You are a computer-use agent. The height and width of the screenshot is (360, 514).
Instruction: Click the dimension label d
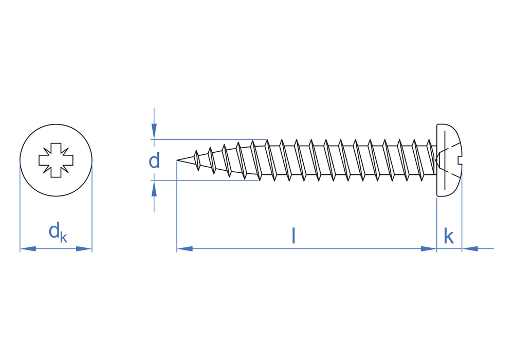(x=154, y=160)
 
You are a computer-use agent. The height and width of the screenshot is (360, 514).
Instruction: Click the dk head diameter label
(x=58, y=232)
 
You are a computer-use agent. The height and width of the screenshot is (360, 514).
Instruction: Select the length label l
(x=293, y=237)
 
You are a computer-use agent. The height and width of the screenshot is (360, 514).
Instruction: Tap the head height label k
(x=449, y=237)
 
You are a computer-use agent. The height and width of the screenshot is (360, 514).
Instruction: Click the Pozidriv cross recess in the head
(x=56, y=160)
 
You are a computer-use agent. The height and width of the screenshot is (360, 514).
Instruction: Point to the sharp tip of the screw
(x=177, y=160)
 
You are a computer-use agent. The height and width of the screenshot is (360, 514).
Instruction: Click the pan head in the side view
(x=449, y=160)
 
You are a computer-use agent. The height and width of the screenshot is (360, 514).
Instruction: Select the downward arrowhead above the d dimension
(x=154, y=132)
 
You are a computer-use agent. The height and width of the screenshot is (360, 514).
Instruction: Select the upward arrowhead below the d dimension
(x=154, y=189)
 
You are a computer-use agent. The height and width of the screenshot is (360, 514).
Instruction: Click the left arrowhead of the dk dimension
(x=28, y=249)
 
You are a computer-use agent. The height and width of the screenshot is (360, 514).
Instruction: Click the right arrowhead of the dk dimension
(x=84, y=249)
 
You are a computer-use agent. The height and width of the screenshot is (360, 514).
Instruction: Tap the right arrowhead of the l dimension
(x=429, y=249)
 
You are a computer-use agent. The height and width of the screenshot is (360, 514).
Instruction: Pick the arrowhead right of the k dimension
(x=470, y=249)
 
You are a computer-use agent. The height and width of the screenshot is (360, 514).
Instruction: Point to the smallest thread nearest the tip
(x=197, y=160)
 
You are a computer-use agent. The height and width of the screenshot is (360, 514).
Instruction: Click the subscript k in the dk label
(x=64, y=238)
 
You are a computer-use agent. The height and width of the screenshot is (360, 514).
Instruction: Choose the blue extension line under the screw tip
(x=177, y=207)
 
